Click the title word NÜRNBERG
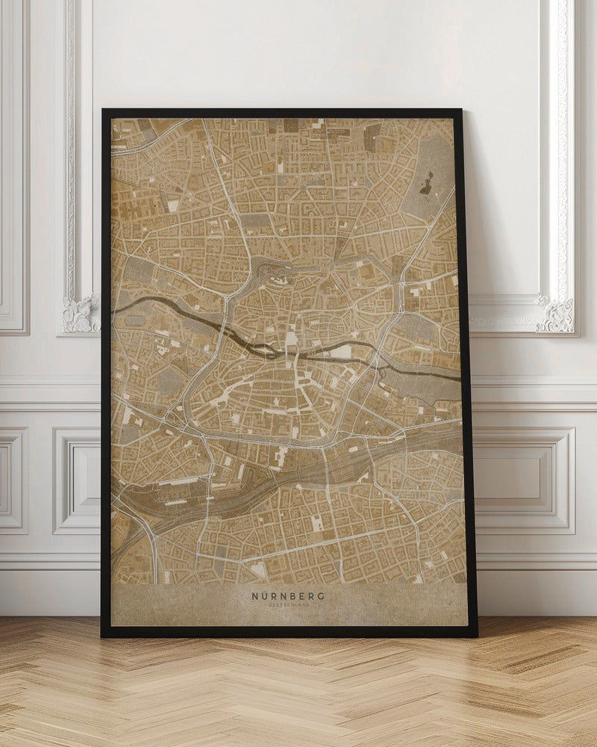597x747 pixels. (x=287, y=596)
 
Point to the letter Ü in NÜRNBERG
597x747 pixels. (x=264, y=596)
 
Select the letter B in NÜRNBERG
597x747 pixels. (x=293, y=596)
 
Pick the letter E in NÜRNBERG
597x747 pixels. (x=301, y=596)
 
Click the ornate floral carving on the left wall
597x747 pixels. (x=81, y=314)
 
